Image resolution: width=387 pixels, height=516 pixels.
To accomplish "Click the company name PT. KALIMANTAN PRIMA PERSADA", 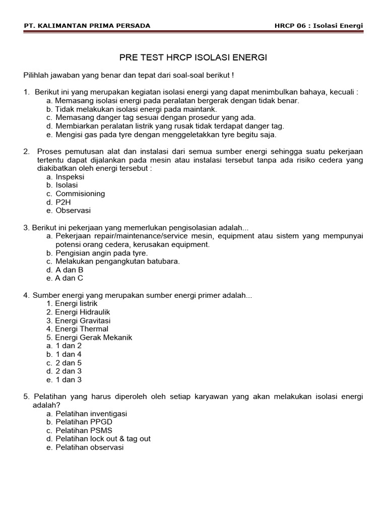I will point(87,26).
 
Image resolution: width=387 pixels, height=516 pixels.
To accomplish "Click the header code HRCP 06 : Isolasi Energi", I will point(318,26).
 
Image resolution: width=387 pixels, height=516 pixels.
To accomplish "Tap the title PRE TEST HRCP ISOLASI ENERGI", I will point(193,58).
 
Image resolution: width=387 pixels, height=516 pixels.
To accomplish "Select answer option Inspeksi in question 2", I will point(70,177).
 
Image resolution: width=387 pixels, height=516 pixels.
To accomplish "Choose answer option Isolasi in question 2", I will point(67,185).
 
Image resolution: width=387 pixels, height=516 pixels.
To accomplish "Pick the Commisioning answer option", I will point(80,193).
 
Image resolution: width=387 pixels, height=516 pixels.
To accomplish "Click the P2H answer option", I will point(63,202).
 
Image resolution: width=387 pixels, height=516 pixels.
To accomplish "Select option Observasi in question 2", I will point(73,211).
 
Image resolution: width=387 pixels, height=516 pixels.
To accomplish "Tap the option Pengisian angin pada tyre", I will point(101,253).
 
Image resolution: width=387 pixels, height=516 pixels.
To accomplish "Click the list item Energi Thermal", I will point(82,329).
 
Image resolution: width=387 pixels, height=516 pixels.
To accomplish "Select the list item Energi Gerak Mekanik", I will point(93,338).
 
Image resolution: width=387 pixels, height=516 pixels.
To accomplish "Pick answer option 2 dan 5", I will point(68,363).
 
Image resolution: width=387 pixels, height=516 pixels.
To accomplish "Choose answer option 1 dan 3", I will point(68,379).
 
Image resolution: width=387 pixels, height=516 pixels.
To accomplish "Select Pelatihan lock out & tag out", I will point(103,439).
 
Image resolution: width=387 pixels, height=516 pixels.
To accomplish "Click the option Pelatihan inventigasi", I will point(91,414).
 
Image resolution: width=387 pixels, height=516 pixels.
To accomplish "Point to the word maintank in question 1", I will point(200,109).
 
